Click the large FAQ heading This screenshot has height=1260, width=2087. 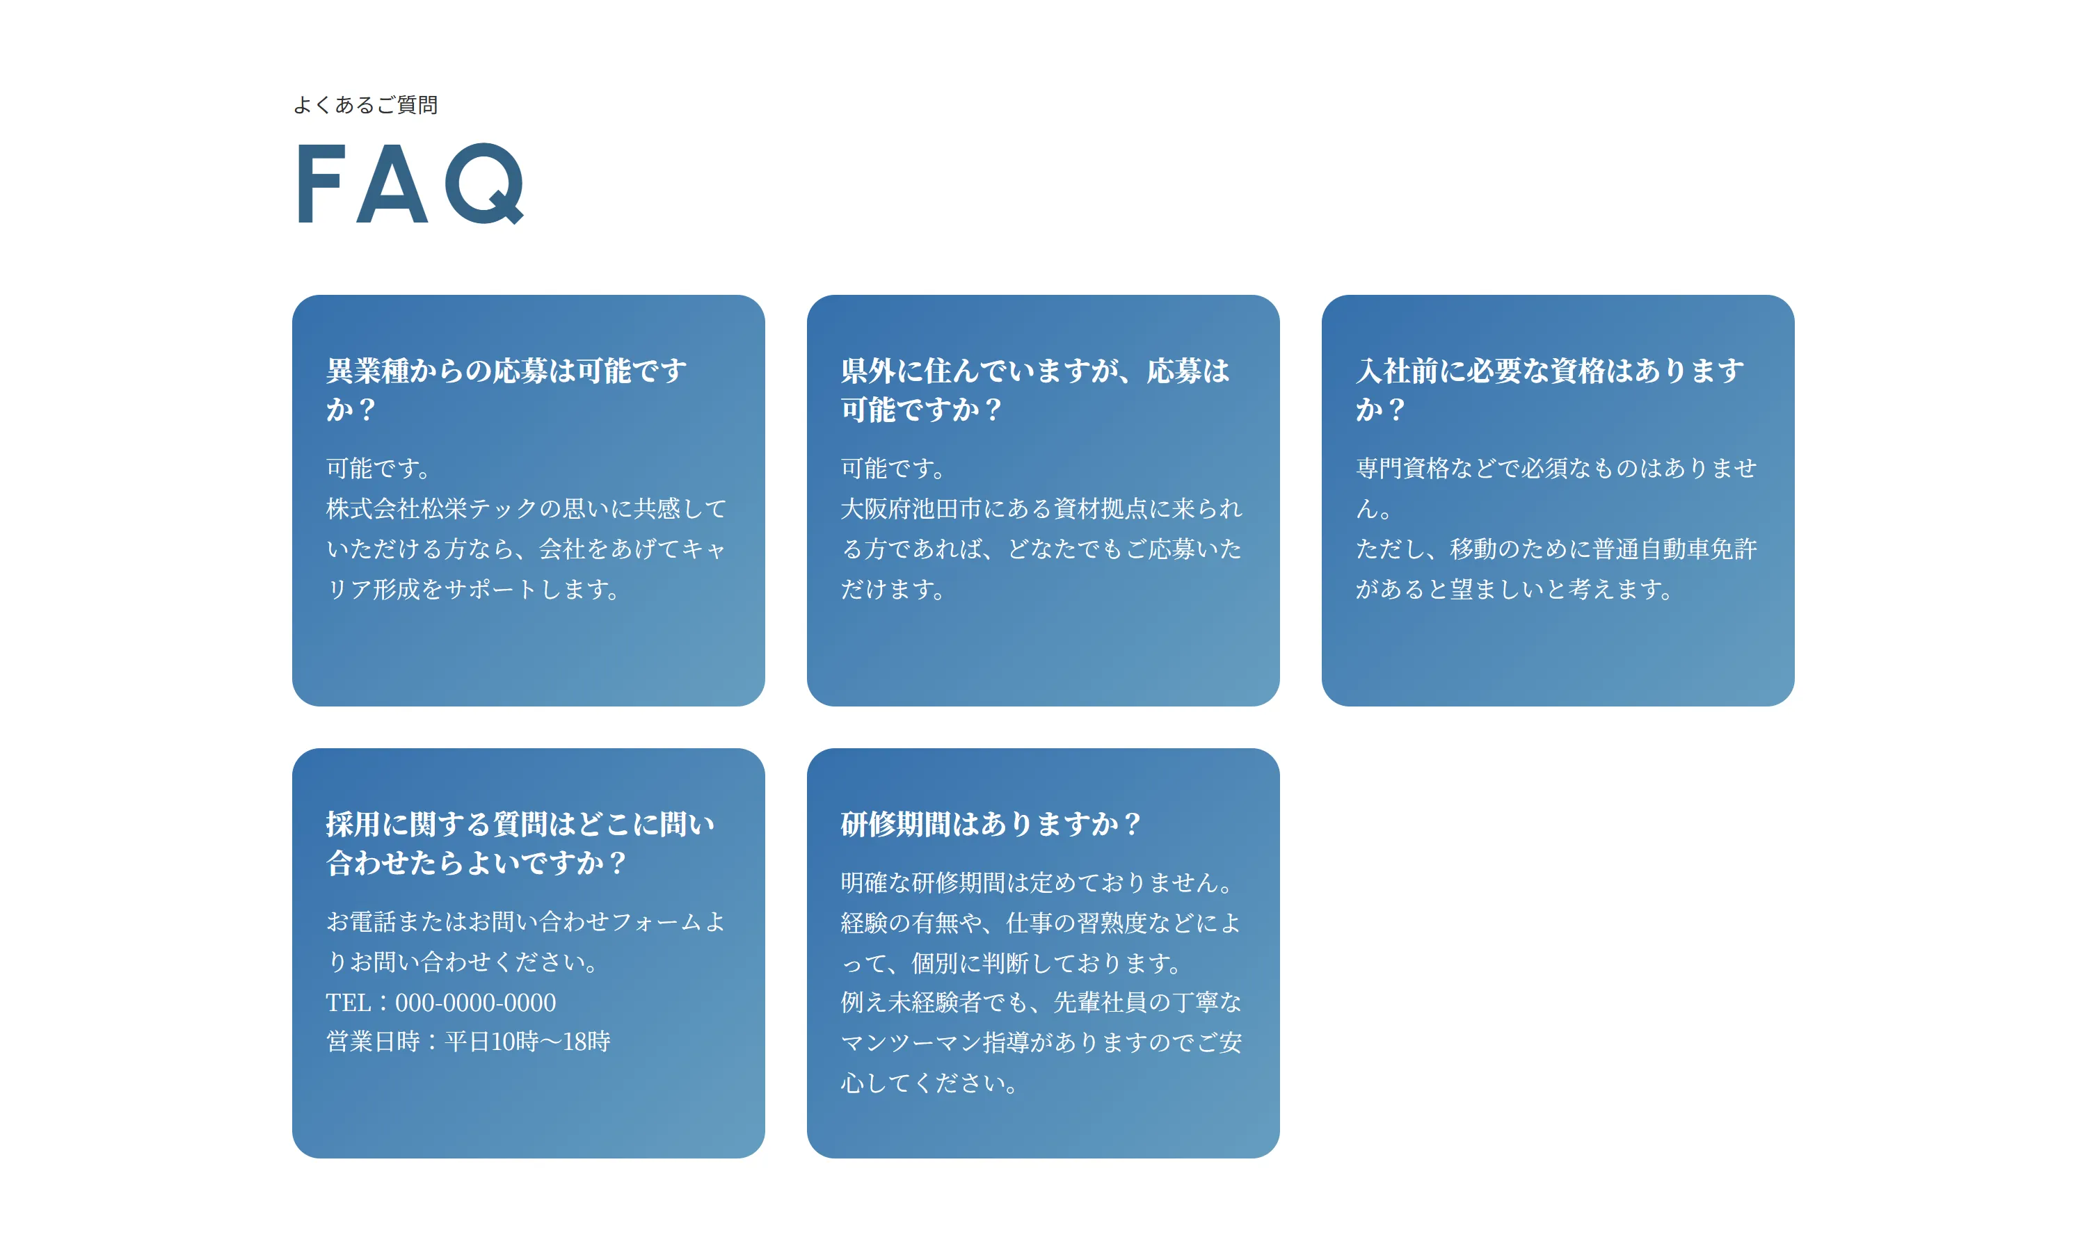point(410,183)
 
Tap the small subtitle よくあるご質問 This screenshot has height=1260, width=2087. point(365,105)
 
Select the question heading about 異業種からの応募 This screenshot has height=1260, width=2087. point(506,389)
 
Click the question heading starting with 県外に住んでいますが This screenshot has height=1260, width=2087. point(1034,389)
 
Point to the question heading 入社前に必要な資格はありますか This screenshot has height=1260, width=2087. point(1549,389)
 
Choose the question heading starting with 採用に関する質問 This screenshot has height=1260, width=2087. point(520,843)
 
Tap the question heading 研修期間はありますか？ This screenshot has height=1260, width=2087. point(991,824)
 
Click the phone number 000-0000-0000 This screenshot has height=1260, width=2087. point(475,1003)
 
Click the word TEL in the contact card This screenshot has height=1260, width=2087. point(348,1003)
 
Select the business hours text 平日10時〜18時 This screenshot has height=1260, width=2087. point(527,1042)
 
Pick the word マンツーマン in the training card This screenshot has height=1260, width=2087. point(911,1042)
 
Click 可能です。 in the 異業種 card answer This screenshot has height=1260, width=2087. point(378,468)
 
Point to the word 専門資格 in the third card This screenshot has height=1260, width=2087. point(1402,468)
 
